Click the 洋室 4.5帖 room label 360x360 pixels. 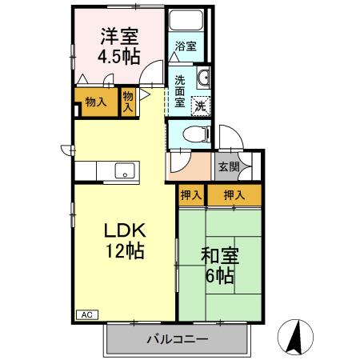pos(119,46)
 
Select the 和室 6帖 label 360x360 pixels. pos(217,266)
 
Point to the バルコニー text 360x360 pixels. pos(177,339)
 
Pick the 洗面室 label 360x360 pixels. pos(180,90)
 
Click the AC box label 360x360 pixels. pos(86,314)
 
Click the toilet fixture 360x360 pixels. pos(192,134)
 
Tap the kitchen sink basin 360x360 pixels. pos(123,170)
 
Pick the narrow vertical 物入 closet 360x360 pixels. pos(128,102)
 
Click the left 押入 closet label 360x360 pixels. pos(190,195)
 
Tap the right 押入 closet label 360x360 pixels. pos(234,195)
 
